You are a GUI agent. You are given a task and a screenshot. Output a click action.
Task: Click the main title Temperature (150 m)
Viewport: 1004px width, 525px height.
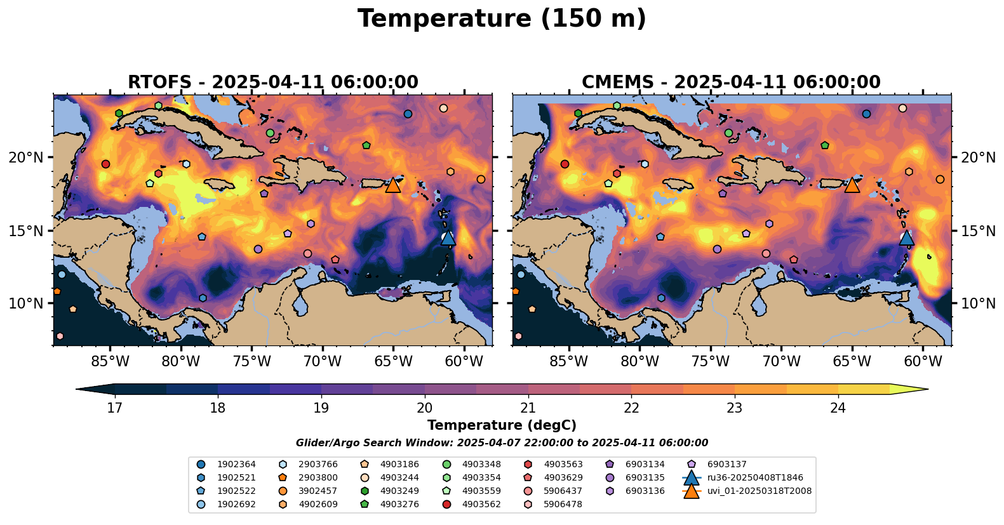point(502,19)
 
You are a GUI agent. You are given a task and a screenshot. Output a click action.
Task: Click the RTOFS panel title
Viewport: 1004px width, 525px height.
point(273,83)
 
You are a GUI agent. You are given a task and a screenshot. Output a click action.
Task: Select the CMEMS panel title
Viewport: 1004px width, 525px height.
point(731,83)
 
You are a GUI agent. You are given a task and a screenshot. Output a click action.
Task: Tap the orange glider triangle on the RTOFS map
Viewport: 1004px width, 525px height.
point(393,185)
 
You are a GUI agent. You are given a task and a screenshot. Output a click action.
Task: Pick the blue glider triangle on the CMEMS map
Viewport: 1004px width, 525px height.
point(906,237)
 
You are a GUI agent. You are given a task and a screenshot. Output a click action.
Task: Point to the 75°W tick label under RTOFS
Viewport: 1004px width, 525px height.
point(251,362)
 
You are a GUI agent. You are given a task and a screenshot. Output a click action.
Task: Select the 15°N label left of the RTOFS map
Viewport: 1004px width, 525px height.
point(26,230)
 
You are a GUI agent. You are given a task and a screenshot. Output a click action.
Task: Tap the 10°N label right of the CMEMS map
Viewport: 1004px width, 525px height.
point(978,303)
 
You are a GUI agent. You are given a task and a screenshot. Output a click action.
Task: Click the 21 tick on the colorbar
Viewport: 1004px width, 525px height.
point(528,408)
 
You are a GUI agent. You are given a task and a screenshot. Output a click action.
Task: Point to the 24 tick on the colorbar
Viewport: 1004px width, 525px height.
point(838,408)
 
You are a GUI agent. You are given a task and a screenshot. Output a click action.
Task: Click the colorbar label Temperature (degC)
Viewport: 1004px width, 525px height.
point(502,425)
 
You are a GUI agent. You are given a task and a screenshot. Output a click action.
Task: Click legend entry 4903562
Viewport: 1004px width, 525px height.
point(481,504)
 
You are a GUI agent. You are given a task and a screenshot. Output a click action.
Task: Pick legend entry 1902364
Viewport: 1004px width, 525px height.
point(236,464)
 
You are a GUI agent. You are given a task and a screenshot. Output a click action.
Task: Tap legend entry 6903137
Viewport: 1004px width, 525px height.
point(726,464)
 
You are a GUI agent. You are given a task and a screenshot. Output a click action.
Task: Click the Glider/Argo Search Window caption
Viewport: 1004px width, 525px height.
point(502,443)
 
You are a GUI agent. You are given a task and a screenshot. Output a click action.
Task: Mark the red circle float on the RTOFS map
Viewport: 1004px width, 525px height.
point(105,164)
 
